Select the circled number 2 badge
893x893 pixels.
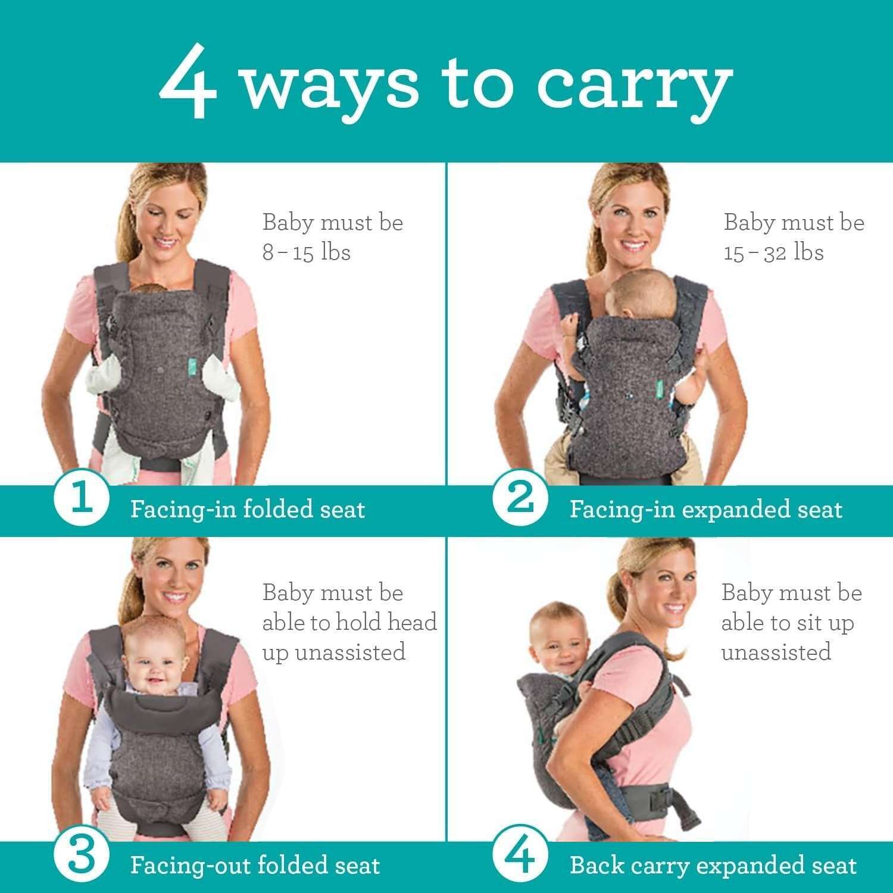(x=520, y=500)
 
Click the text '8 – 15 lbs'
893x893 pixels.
(x=307, y=252)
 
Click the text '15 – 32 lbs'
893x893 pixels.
(x=774, y=252)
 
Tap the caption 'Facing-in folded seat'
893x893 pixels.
(x=248, y=510)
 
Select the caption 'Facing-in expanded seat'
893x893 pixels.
(x=706, y=510)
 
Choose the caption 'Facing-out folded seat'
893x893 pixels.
(x=255, y=865)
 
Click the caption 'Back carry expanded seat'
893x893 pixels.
(x=713, y=865)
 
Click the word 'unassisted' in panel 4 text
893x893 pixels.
(x=776, y=652)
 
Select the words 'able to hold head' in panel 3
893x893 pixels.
(x=350, y=622)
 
